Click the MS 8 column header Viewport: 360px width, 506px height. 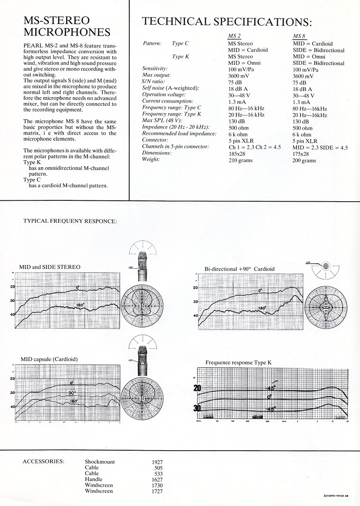(x=299, y=36)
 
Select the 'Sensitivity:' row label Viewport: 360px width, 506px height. (x=155, y=68)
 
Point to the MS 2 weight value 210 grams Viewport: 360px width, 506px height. (x=240, y=160)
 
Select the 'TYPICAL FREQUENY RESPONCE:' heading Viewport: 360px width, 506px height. (x=70, y=221)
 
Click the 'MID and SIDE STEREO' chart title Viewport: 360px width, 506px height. (x=49, y=267)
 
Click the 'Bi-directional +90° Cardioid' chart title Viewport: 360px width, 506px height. (x=239, y=269)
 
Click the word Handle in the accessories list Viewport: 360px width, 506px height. (x=94, y=479)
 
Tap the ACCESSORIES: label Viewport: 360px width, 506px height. (x=43, y=462)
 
